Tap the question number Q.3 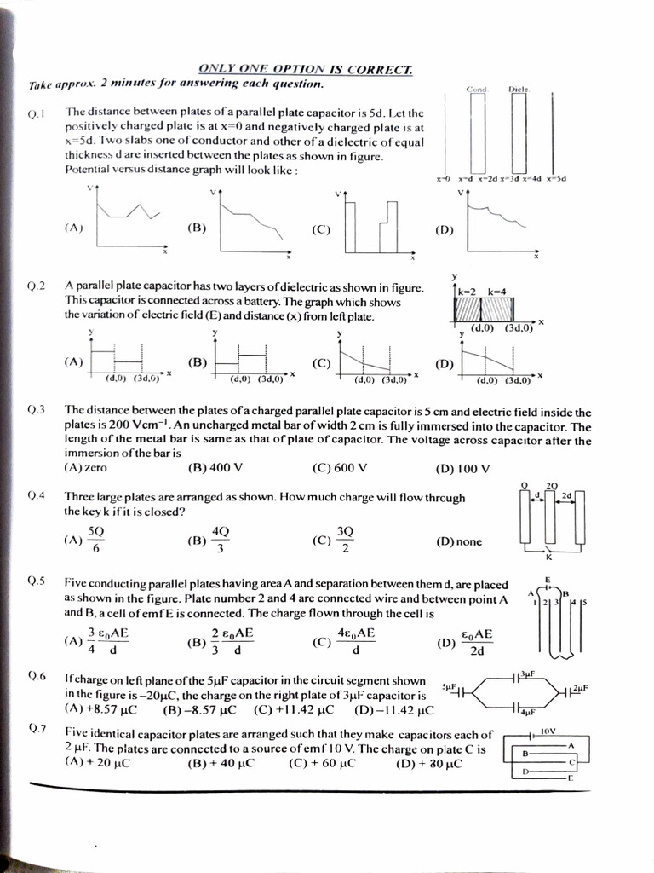click(x=36, y=411)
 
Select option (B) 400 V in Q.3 click(x=215, y=468)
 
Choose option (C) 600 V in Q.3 click(x=340, y=468)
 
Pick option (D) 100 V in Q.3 click(x=462, y=468)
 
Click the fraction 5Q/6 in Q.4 click(x=96, y=540)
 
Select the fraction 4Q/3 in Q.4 click(x=220, y=540)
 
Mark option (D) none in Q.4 click(x=459, y=541)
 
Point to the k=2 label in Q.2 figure click(x=468, y=292)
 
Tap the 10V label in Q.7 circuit click(x=548, y=731)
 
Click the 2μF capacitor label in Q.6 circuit click(x=581, y=687)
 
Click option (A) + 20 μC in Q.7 click(x=97, y=763)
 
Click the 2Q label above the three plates click(x=552, y=485)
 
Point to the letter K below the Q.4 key click(x=548, y=558)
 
